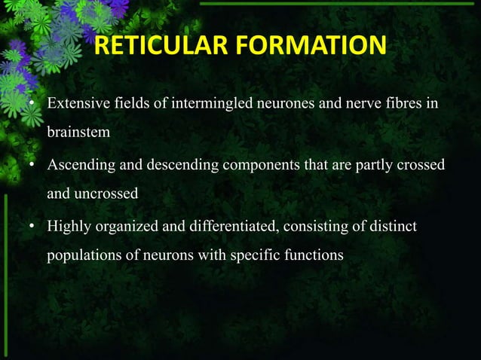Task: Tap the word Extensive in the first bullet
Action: point(77,102)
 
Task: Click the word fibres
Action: point(395,102)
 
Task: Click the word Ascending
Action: point(78,164)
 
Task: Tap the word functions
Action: point(314,255)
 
